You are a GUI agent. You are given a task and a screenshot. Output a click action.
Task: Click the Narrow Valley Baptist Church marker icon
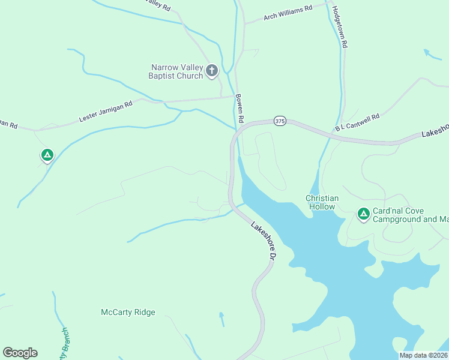[x=211, y=71]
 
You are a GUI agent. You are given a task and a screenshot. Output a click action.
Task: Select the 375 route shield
[x=280, y=121]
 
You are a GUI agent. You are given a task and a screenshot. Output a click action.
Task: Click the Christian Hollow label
[x=322, y=202]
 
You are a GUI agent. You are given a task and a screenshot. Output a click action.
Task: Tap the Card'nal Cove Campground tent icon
[x=363, y=214]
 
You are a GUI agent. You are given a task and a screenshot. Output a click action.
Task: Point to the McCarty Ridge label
[x=128, y=312]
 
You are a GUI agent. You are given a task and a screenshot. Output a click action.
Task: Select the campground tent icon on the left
[x=47, y=155]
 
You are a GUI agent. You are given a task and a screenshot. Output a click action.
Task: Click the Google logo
[x=20, y=352]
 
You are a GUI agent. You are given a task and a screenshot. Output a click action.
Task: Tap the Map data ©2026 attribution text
[x=424, y=355]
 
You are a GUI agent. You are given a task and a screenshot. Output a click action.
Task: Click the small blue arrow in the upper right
[x=432, y=55]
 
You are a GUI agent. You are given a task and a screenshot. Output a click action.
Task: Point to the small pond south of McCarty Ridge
[x=221, y=319]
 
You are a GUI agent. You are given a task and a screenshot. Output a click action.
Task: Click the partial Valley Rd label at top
[x=159, y=5]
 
